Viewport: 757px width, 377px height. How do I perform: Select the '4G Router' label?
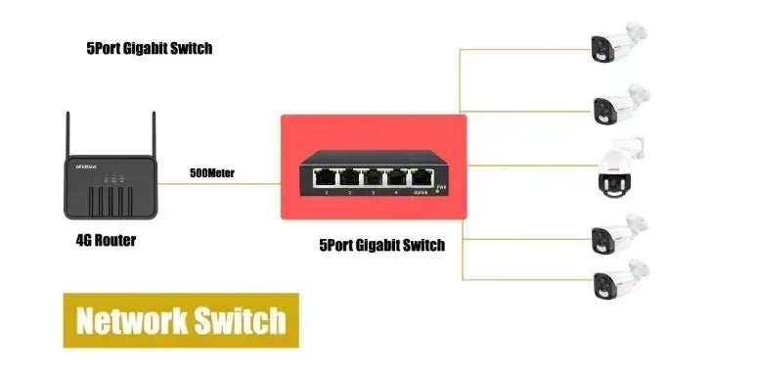(x=106, y=240)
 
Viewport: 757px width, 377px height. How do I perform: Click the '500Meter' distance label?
(x=212, y=174)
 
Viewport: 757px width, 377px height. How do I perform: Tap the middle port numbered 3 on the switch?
(x=373, y=177)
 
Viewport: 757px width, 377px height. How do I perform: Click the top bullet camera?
(x=615, y=41)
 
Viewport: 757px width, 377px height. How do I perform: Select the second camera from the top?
(x=615, y=102)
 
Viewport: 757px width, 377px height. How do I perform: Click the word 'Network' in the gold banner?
(x=132, y=320)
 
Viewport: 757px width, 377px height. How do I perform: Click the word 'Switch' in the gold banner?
(x=239, y=320)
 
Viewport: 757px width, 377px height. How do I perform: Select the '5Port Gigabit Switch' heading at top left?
(x=149, y=48)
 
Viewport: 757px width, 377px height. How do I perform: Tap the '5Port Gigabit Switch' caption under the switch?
(x=382, y=246)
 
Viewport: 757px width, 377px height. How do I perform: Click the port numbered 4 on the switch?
(x=397, y=177)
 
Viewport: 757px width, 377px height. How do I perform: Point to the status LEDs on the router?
(x=113, y=179)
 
